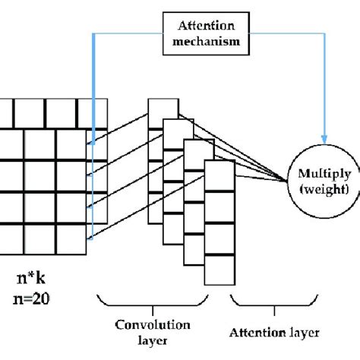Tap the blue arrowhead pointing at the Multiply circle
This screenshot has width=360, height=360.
click(322, 142)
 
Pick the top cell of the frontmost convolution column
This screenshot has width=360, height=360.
click(218, 177)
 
